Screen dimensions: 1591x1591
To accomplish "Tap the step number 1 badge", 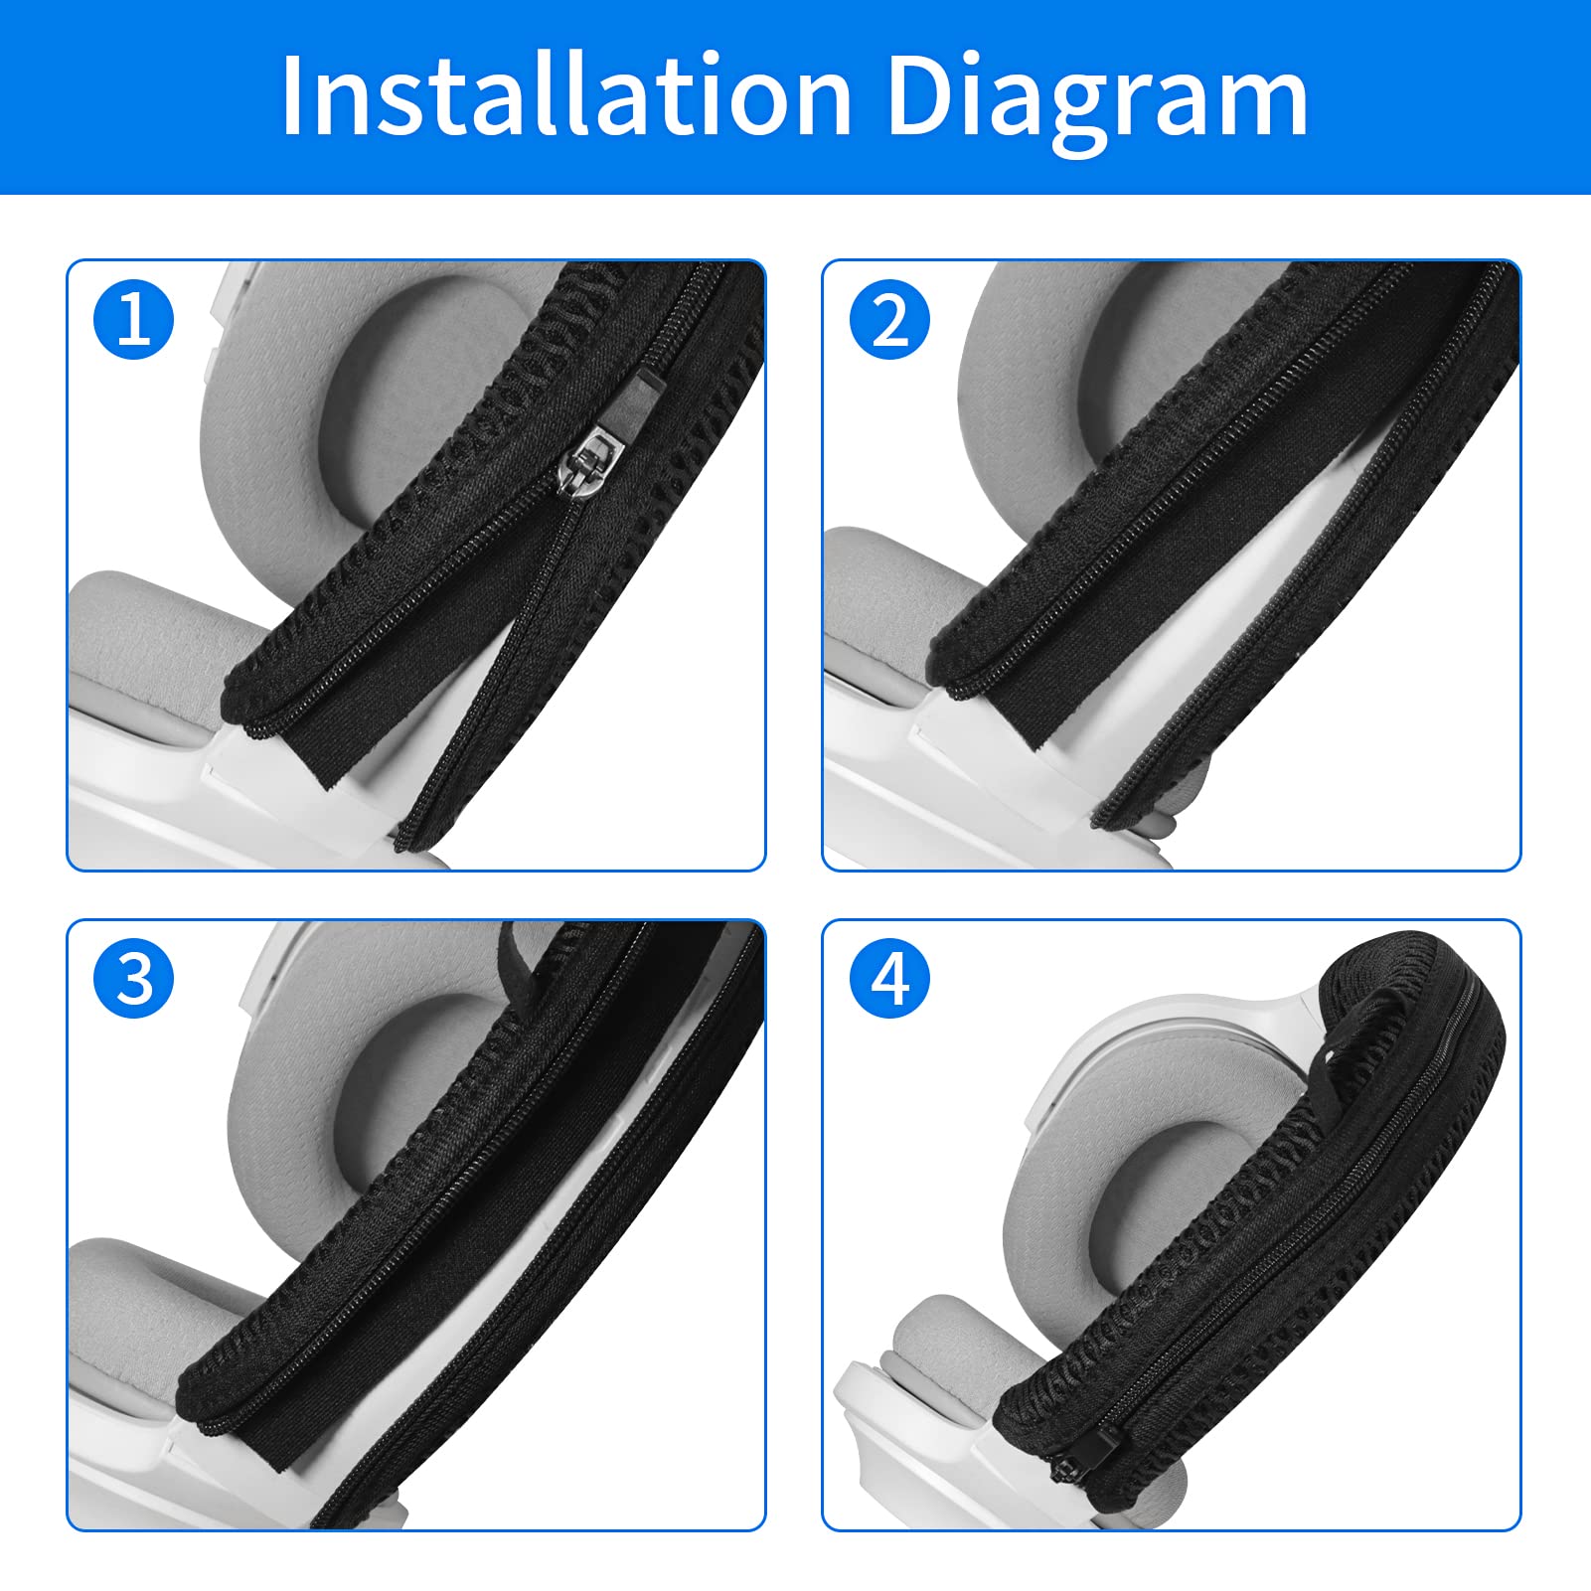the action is point(133,320).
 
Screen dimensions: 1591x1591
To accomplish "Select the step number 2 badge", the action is point(889,320).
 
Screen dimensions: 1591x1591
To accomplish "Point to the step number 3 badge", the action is point(133,979).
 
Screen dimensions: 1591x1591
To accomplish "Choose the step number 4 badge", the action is point(889,979).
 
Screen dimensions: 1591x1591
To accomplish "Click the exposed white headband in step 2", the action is point(1262,596).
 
